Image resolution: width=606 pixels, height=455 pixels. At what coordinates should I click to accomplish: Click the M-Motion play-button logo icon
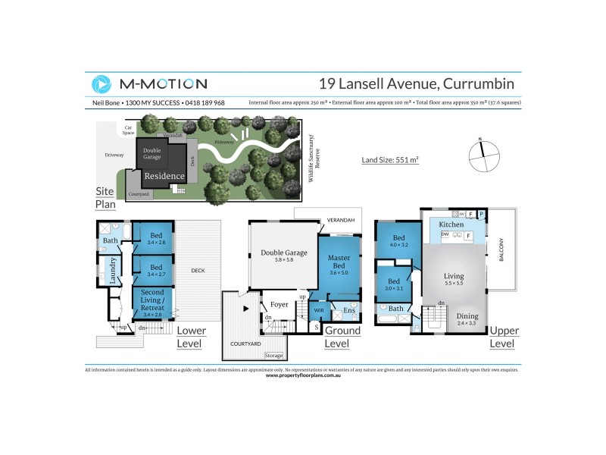[102, 84]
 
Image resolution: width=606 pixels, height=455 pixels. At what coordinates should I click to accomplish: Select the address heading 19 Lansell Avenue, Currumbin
[416, 83]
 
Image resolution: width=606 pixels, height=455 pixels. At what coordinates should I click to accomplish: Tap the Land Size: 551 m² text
[390, 160]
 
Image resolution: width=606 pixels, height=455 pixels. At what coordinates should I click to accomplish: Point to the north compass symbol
[480, 155]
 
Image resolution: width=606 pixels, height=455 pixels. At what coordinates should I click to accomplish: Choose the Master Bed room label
[338, 262]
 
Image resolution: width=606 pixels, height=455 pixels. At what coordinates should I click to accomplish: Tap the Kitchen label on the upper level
[451, 225]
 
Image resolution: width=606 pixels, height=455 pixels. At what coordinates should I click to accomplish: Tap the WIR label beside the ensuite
[318, 310]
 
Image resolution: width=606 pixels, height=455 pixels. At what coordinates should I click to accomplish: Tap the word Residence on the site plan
[164, 176]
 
